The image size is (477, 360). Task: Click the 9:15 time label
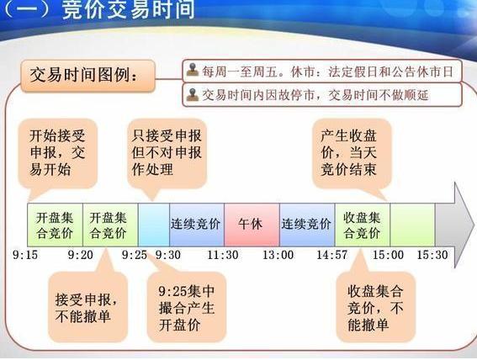tap(25, 254)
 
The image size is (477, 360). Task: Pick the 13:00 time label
tap(278, 254)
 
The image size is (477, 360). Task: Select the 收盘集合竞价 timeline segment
tap(362, 225)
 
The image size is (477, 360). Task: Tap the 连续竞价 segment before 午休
tap(196, 225)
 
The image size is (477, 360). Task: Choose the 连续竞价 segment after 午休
tap(306, 225)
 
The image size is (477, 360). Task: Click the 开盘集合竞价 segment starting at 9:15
tap(55, 225)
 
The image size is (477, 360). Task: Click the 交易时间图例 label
tap(87, 78)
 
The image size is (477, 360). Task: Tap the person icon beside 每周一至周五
tap(193, 71)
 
